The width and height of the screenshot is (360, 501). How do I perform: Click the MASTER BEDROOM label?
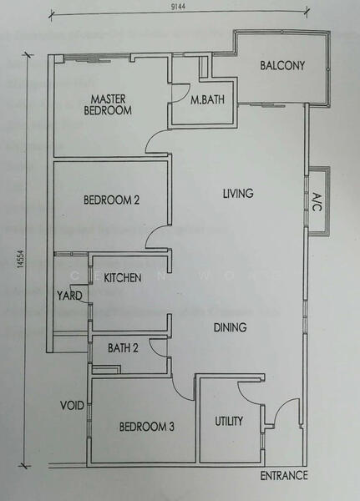(x=114, y=104)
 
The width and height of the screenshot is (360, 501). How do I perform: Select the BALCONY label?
(x=281, y=66)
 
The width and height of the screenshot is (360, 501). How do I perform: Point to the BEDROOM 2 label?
(x=111, y=200)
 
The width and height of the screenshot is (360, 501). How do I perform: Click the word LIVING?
(x=238, y=194)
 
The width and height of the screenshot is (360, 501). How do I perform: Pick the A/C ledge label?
(x=317, y=202)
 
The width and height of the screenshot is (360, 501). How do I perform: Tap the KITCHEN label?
(x=122, y=277)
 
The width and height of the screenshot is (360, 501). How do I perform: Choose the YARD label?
(x=68, y=295)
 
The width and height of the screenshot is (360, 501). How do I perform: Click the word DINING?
(x=230, y=327)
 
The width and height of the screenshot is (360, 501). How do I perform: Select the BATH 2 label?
(x=122, y=348)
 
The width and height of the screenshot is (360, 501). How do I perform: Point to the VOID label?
(x=70, y=407)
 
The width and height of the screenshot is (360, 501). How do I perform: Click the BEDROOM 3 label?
(x=146, y=427)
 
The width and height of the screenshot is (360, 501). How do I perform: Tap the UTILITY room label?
(x=229, y=422)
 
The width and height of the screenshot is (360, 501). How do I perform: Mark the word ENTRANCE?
(x=284, y=475)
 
